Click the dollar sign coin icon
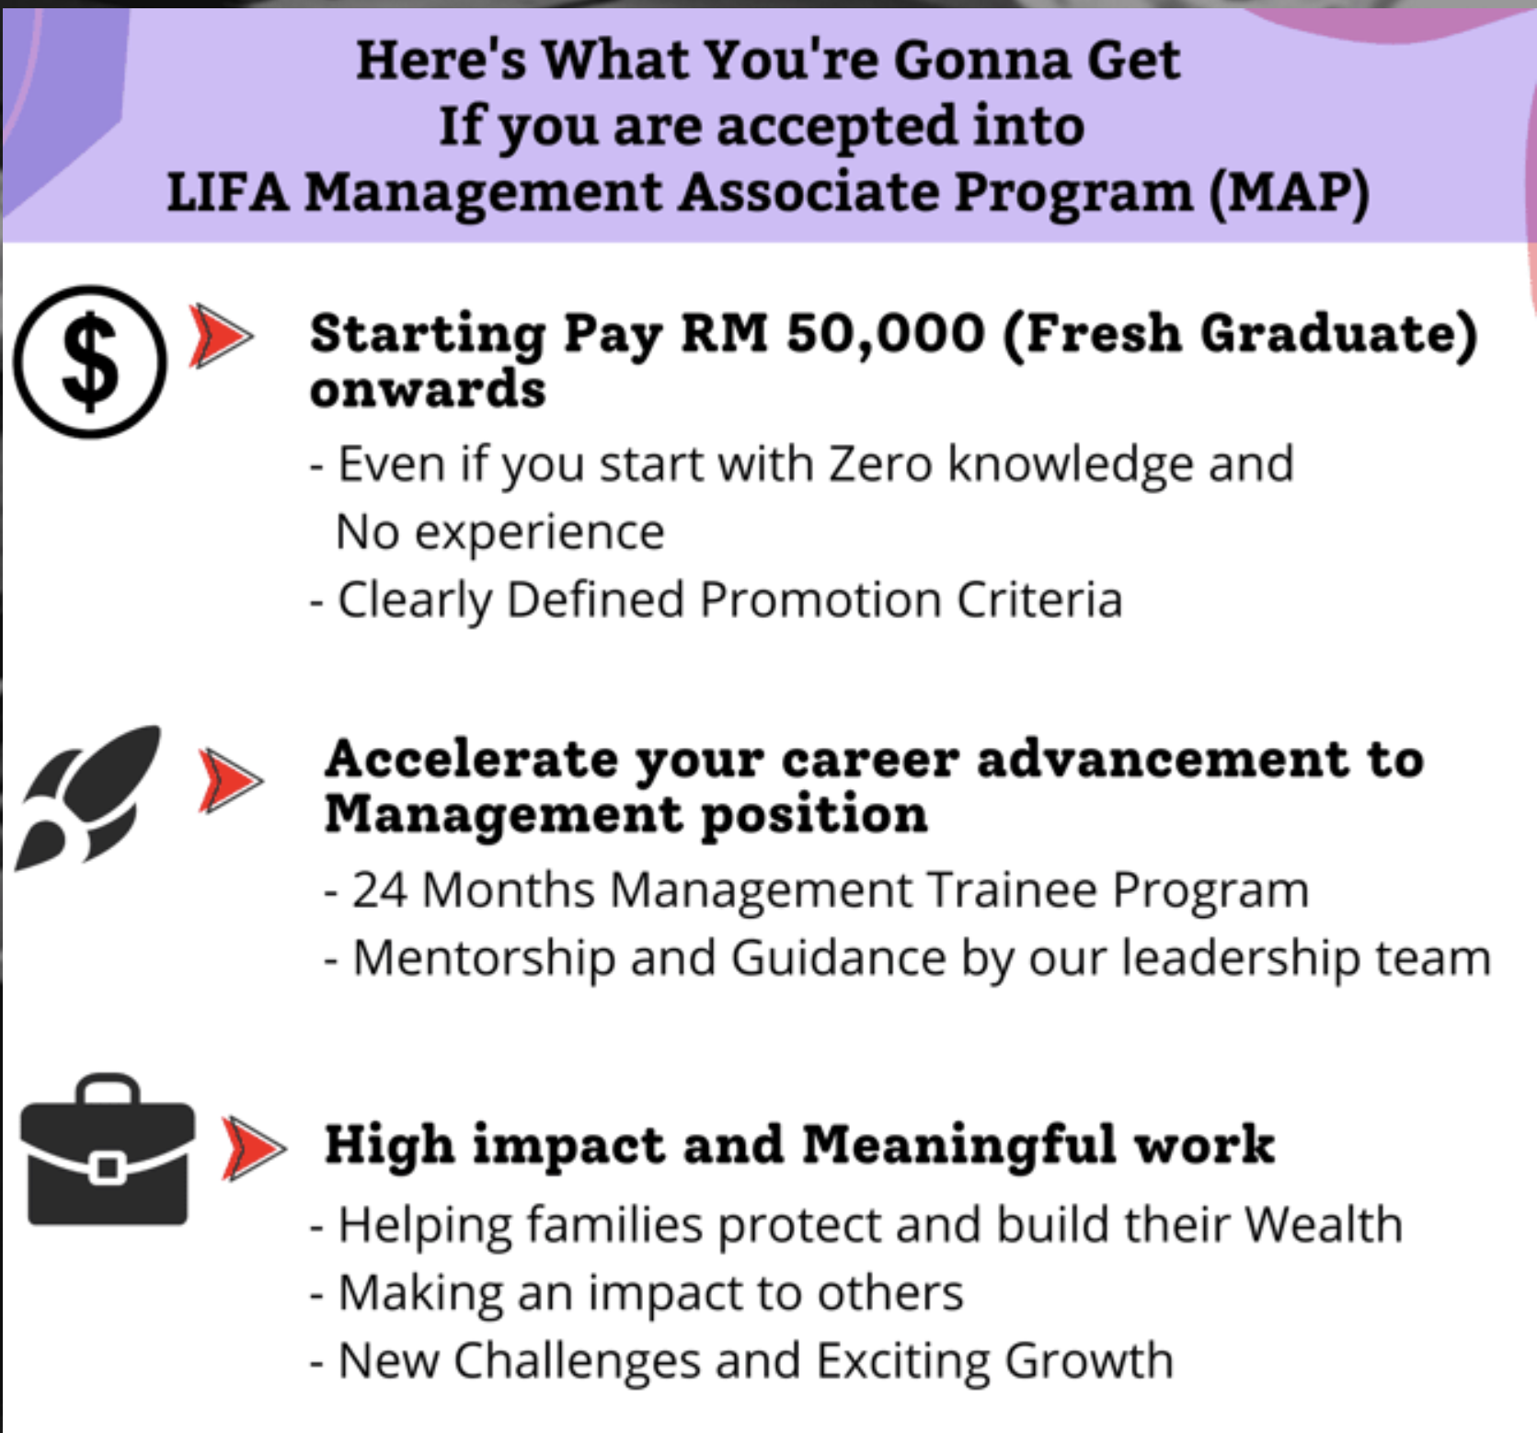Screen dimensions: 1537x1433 90,361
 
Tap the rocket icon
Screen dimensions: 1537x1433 87,797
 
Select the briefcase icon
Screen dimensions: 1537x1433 108,1150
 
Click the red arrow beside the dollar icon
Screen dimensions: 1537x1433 220,336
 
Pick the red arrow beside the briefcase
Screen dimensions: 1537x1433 253,1149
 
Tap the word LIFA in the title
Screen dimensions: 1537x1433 227,192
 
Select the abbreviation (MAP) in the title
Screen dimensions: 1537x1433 1289,193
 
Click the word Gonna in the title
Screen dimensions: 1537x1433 981,61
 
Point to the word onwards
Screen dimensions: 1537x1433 428,389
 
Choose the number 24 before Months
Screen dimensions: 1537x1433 379,889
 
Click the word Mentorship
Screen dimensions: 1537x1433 485,958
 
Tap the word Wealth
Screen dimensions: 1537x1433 1324,1224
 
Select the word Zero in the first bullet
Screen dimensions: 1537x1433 880,464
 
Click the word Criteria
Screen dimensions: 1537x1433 1039,600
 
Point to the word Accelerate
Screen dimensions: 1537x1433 472,759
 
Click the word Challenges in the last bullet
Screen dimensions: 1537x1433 577,1360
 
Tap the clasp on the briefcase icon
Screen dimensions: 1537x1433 108,1168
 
